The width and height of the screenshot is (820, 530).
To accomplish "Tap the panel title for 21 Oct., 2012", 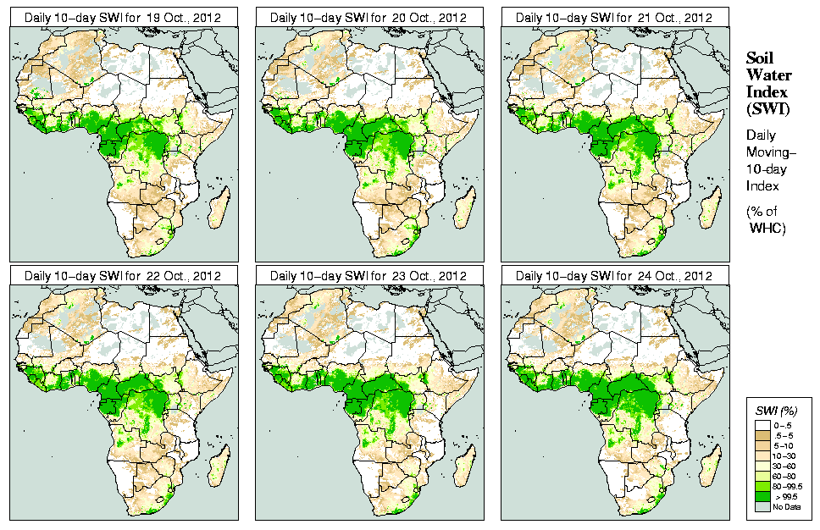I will coord(614,17).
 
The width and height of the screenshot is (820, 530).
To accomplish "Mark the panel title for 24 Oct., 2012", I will coord(614,276).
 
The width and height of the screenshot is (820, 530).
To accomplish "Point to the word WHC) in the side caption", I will coord(768,229).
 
